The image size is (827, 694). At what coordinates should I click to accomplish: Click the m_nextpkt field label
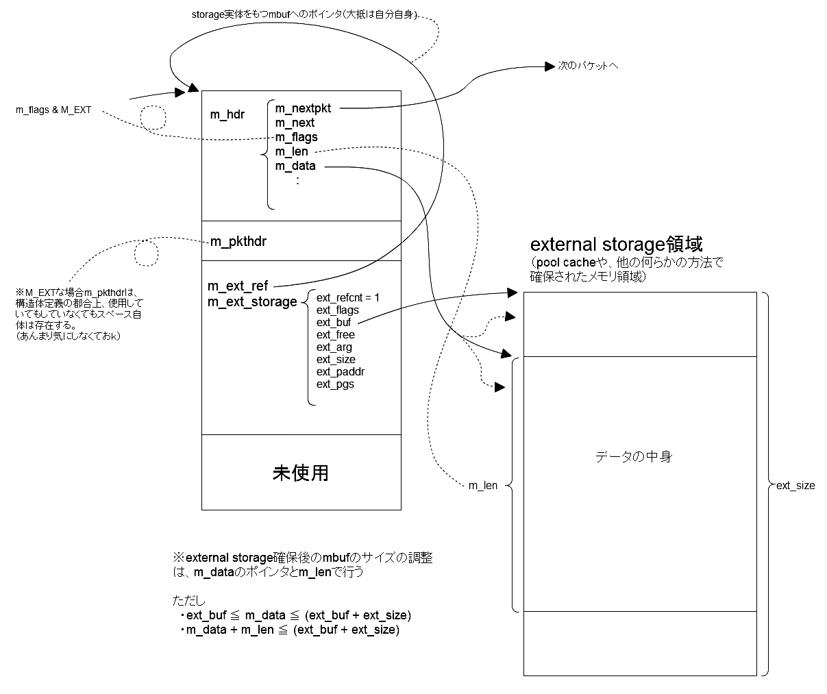tap(303, 108)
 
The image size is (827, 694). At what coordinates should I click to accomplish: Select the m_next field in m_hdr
tap(295, 123)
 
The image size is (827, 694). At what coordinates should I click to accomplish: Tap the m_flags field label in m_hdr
tap(296, 137)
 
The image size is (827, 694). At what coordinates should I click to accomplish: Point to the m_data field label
tap(295, 166)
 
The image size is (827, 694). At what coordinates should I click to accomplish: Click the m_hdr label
tap(227, 114)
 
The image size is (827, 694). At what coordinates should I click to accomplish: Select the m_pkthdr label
tap(238, 241)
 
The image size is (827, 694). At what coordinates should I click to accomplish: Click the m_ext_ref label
tap(238, 286)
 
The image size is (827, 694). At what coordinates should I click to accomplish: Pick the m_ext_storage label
tap(252, 301)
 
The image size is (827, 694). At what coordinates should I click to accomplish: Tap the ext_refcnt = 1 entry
tap(347, 297)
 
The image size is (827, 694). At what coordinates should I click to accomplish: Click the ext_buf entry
tap(334, 322)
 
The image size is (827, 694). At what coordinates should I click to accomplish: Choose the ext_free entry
tap(335, 334)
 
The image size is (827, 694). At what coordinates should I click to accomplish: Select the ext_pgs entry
tap(335, 384)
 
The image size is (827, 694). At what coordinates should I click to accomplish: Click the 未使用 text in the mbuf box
tap(301, 473)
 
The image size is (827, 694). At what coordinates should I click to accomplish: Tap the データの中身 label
tap(633, 456)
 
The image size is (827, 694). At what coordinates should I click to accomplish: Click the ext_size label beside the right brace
tap(795, 486)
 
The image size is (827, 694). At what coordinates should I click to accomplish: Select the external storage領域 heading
tap(616, 245)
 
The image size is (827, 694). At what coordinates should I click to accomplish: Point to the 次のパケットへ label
tap(588, 66)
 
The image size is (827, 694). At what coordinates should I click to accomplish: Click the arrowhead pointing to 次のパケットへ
tap(550, 66)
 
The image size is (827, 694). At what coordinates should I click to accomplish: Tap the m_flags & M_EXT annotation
tap(53, 110)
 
